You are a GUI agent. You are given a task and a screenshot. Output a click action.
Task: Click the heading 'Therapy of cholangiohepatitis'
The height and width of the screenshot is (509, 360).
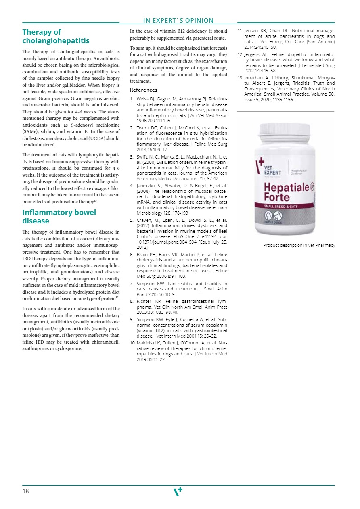coord(56,36)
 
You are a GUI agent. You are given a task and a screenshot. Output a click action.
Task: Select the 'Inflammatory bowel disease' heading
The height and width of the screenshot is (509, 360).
coord(59,217)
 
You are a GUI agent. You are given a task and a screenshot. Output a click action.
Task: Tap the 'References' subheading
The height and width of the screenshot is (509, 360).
coord(143,90)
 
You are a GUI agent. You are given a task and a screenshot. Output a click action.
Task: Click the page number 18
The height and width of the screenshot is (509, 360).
coord(26,491)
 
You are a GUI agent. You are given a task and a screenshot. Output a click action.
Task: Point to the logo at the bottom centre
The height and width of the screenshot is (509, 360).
coord(178,491)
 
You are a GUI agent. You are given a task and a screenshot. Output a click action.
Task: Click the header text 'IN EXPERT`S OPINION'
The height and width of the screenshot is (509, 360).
coord(178,21)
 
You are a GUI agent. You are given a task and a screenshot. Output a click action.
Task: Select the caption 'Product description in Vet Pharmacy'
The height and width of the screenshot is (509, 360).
coord(299,245)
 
